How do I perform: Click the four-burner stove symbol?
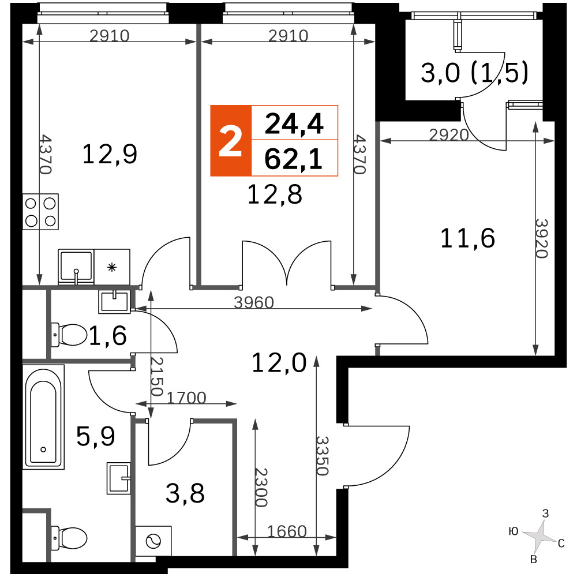click(40, 212)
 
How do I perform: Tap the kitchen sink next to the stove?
click(76, 267)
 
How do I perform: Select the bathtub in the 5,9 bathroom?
click(43, 417)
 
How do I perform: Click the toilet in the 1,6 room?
click(69, 335)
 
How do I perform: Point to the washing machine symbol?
click(153, 541)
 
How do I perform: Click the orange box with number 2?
click(231, 141)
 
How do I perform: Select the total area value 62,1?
click(293, 159)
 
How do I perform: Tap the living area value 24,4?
click(294, 123)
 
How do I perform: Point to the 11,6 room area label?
click(467, 238)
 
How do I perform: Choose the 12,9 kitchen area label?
click(110, 154)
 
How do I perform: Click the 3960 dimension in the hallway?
click(254, 302)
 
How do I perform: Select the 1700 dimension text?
click(186, 398)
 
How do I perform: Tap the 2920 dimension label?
click(449, 135)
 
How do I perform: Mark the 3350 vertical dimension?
click(323, 456)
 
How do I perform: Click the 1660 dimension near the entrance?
click(287, 531)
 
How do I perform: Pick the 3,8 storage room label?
click(185, 493)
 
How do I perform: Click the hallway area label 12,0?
click(279, 363)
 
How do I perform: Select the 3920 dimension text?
click(542, 238)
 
